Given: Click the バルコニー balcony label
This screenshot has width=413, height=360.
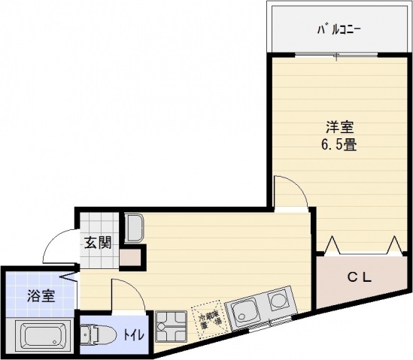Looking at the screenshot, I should coord(339,31).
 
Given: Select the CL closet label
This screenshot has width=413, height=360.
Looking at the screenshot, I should coord(359,277).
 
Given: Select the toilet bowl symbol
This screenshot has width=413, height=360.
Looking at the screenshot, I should coord(93,331).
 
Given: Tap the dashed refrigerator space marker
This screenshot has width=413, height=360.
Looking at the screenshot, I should coord(208,318).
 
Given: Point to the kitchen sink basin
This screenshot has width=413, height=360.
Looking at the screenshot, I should coord(244,309).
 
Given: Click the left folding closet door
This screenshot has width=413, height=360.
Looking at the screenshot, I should coord(333,244).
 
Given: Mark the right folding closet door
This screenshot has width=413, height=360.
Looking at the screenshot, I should coord(394,244).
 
